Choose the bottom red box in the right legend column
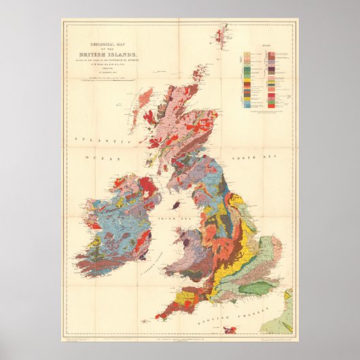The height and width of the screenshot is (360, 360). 271,105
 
